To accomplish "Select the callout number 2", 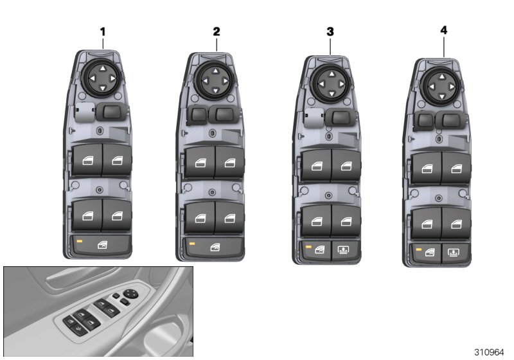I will coord(217,31).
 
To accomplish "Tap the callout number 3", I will coord(330,31).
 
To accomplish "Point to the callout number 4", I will coord(443,30).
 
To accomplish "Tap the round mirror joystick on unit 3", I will coord(330,83).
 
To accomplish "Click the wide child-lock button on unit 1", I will coord(101,245).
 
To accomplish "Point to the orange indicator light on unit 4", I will coord(419,249).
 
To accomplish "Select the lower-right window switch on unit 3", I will coord(345,220).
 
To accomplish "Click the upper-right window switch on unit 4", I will coord(456,169).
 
